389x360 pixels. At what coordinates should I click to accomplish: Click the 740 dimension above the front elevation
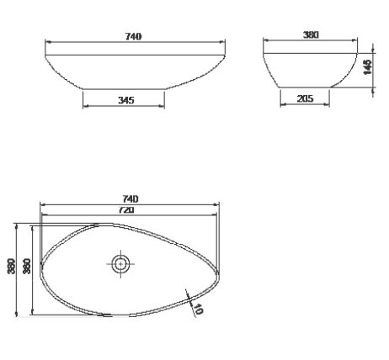pyautogui.click(x=133, y=36)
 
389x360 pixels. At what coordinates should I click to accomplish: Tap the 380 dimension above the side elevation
pyautogui.click(x=311, y=36)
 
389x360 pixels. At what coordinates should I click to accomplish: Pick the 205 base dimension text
pyautogui.click(x=305, y=99)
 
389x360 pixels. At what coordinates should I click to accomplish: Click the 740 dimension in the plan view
pyautogui.click(x=130, y=199)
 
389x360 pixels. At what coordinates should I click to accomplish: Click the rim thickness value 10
pyautogui.click(x=199, y=308)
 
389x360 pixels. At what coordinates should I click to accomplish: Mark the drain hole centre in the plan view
pyautogui.click(x=120, y=263)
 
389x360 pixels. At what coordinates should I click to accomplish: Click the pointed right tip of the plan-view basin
pyautogui.click(x=221, y=272)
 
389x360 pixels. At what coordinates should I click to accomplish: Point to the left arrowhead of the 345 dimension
pyautogui.click(x=85, y=107)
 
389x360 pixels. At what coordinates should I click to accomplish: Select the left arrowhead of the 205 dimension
pyautogui.click(x=281, y=106)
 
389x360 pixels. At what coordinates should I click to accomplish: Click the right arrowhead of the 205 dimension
pyautogui.click(x=329, y=106)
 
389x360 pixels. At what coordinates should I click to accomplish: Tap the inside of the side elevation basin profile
pyautogui.click(x=308, y=69)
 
